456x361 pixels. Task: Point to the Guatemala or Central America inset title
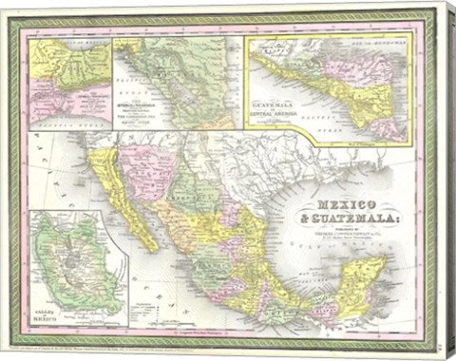pyautogui.click(x=274, y=110)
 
